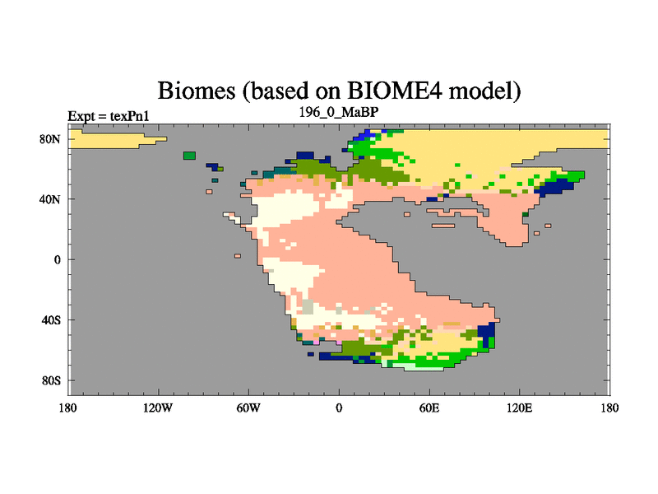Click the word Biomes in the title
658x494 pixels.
197,91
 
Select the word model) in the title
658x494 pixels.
484,91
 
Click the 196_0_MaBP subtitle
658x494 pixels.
339,112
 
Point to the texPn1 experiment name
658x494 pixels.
130,116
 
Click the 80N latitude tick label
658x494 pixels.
50,139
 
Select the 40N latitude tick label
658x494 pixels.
50,199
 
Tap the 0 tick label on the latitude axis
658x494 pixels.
58,259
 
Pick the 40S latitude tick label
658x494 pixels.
51,320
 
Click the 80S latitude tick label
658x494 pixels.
51,380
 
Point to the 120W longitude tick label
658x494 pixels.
158,408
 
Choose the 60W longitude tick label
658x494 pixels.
248,408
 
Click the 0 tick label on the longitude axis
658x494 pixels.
339,408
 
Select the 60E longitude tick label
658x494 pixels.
429,408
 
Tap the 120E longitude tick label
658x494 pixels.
520,408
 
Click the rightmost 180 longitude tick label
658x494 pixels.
609,408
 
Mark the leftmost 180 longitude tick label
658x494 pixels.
68,408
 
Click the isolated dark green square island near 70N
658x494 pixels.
190,156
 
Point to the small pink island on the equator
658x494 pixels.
238,256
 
